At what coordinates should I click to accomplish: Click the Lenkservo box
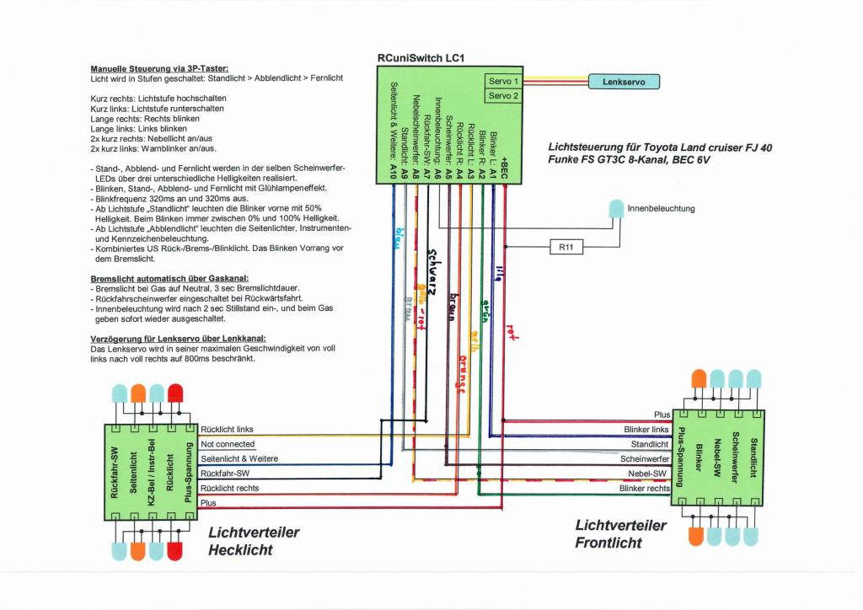624,82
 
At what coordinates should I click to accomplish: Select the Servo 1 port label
504,81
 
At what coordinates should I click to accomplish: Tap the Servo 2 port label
504,96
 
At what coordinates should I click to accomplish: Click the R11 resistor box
565,247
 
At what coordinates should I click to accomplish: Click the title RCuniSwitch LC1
421,58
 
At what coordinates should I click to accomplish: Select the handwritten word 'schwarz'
432,273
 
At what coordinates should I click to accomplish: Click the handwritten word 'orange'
460,372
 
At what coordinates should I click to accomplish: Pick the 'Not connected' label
228,444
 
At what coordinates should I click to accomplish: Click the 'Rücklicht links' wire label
227,430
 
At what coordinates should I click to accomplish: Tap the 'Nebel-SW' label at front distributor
651,474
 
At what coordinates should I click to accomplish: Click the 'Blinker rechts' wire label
644,488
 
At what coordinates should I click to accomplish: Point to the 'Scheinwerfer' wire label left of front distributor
645,459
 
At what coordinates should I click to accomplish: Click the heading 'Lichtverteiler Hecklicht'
253,541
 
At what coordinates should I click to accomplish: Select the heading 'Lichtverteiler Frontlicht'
620,534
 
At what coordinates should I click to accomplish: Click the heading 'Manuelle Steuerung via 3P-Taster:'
159,68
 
